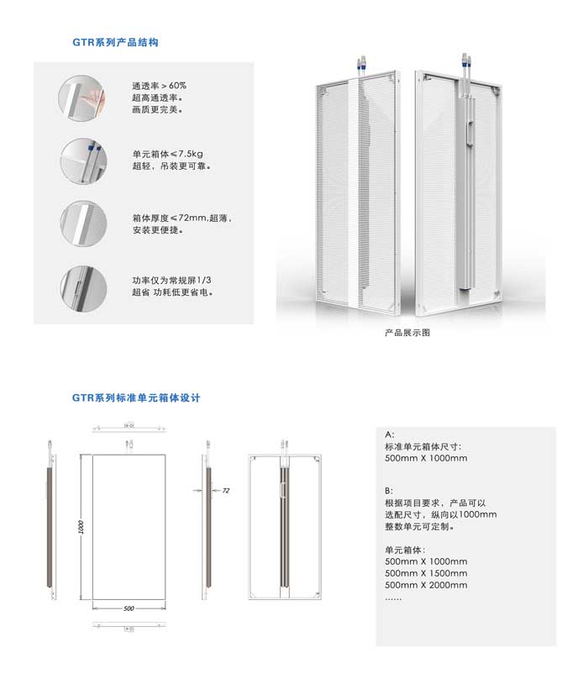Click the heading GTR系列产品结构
click(x=115, y=42)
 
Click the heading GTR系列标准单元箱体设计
click(x=136, y=398)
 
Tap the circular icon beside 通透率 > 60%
click(x=82, y=98)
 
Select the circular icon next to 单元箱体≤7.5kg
click(x=83, y=161)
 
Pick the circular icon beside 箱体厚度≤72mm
click(x=83, y=224)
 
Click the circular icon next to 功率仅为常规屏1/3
click(x=83, y=287)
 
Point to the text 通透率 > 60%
click(x=159, y=86)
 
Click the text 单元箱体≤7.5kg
click(x=167, y=154)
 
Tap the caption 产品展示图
click(x=407, y=332)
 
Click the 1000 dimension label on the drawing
click(x=81, y=527)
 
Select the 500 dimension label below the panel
click(x=129, y=608)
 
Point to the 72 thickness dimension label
click(x=226, y=490)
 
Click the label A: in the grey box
click(x=389, y=434)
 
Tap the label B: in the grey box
click(x=389, y=491)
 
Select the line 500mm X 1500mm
click(x=426, y=573)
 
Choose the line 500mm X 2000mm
click(x=426, y=585)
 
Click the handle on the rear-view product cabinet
click(x=471, y=134)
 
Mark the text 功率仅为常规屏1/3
click(x=172, y=280)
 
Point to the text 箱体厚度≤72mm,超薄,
click(x=182, y=218)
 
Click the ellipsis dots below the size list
click(x=393, y=598)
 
